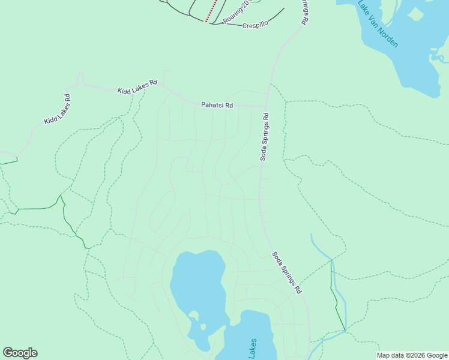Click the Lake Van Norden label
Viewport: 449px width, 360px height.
point(378,24)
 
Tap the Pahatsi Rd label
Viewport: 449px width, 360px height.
point(217,105)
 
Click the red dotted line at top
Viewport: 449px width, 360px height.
point(210,11)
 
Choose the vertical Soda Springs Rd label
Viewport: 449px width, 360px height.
point(264,137)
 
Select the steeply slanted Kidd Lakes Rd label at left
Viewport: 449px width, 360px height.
point(58,109)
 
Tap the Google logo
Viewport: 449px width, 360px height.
point(20,353)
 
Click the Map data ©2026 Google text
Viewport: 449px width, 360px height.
point(412,355)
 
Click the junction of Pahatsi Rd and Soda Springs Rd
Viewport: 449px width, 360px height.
point(266,106)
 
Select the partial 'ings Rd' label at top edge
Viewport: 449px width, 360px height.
point(304,12)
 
